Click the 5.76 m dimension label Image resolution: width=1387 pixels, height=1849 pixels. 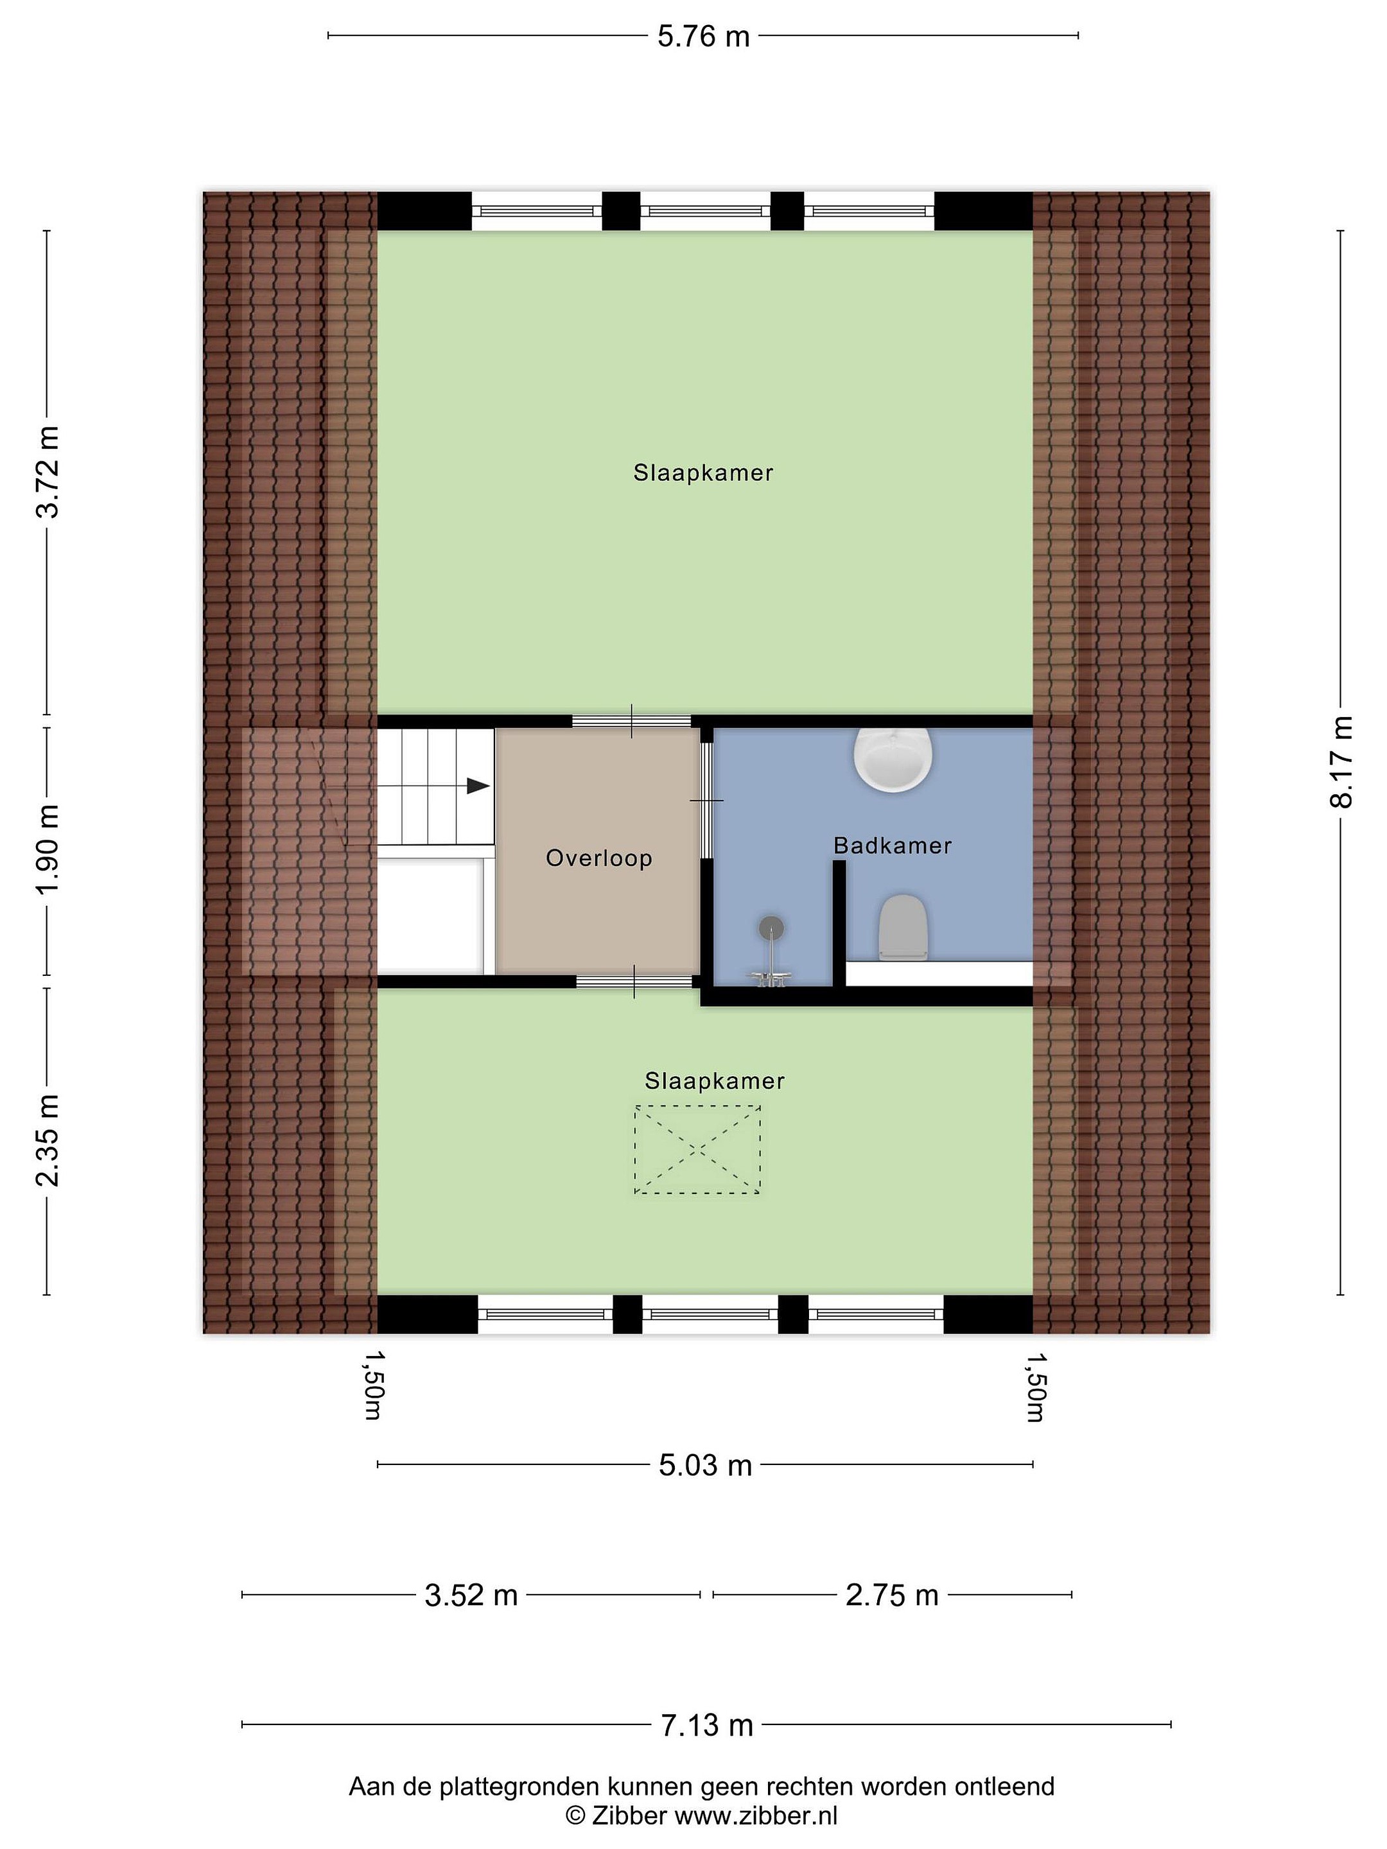coord(703,37)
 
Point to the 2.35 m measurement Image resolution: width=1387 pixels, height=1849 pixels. coord(48,1140)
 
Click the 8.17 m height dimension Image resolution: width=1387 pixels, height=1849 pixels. coord(1340,761)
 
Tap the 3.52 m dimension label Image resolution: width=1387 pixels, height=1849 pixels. coord(471,1595)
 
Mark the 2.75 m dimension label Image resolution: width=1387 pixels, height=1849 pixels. coord(891,1595)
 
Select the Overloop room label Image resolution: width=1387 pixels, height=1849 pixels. coord(598,858)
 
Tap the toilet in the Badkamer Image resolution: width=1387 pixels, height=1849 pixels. coord(903,927)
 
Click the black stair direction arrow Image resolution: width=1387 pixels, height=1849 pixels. coord(477,786)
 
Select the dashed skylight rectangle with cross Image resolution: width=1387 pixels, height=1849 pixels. coord(697,1149)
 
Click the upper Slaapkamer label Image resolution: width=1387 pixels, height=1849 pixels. coord(703,473)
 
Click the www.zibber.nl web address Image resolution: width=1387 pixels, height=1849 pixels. coord(756,1816)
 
